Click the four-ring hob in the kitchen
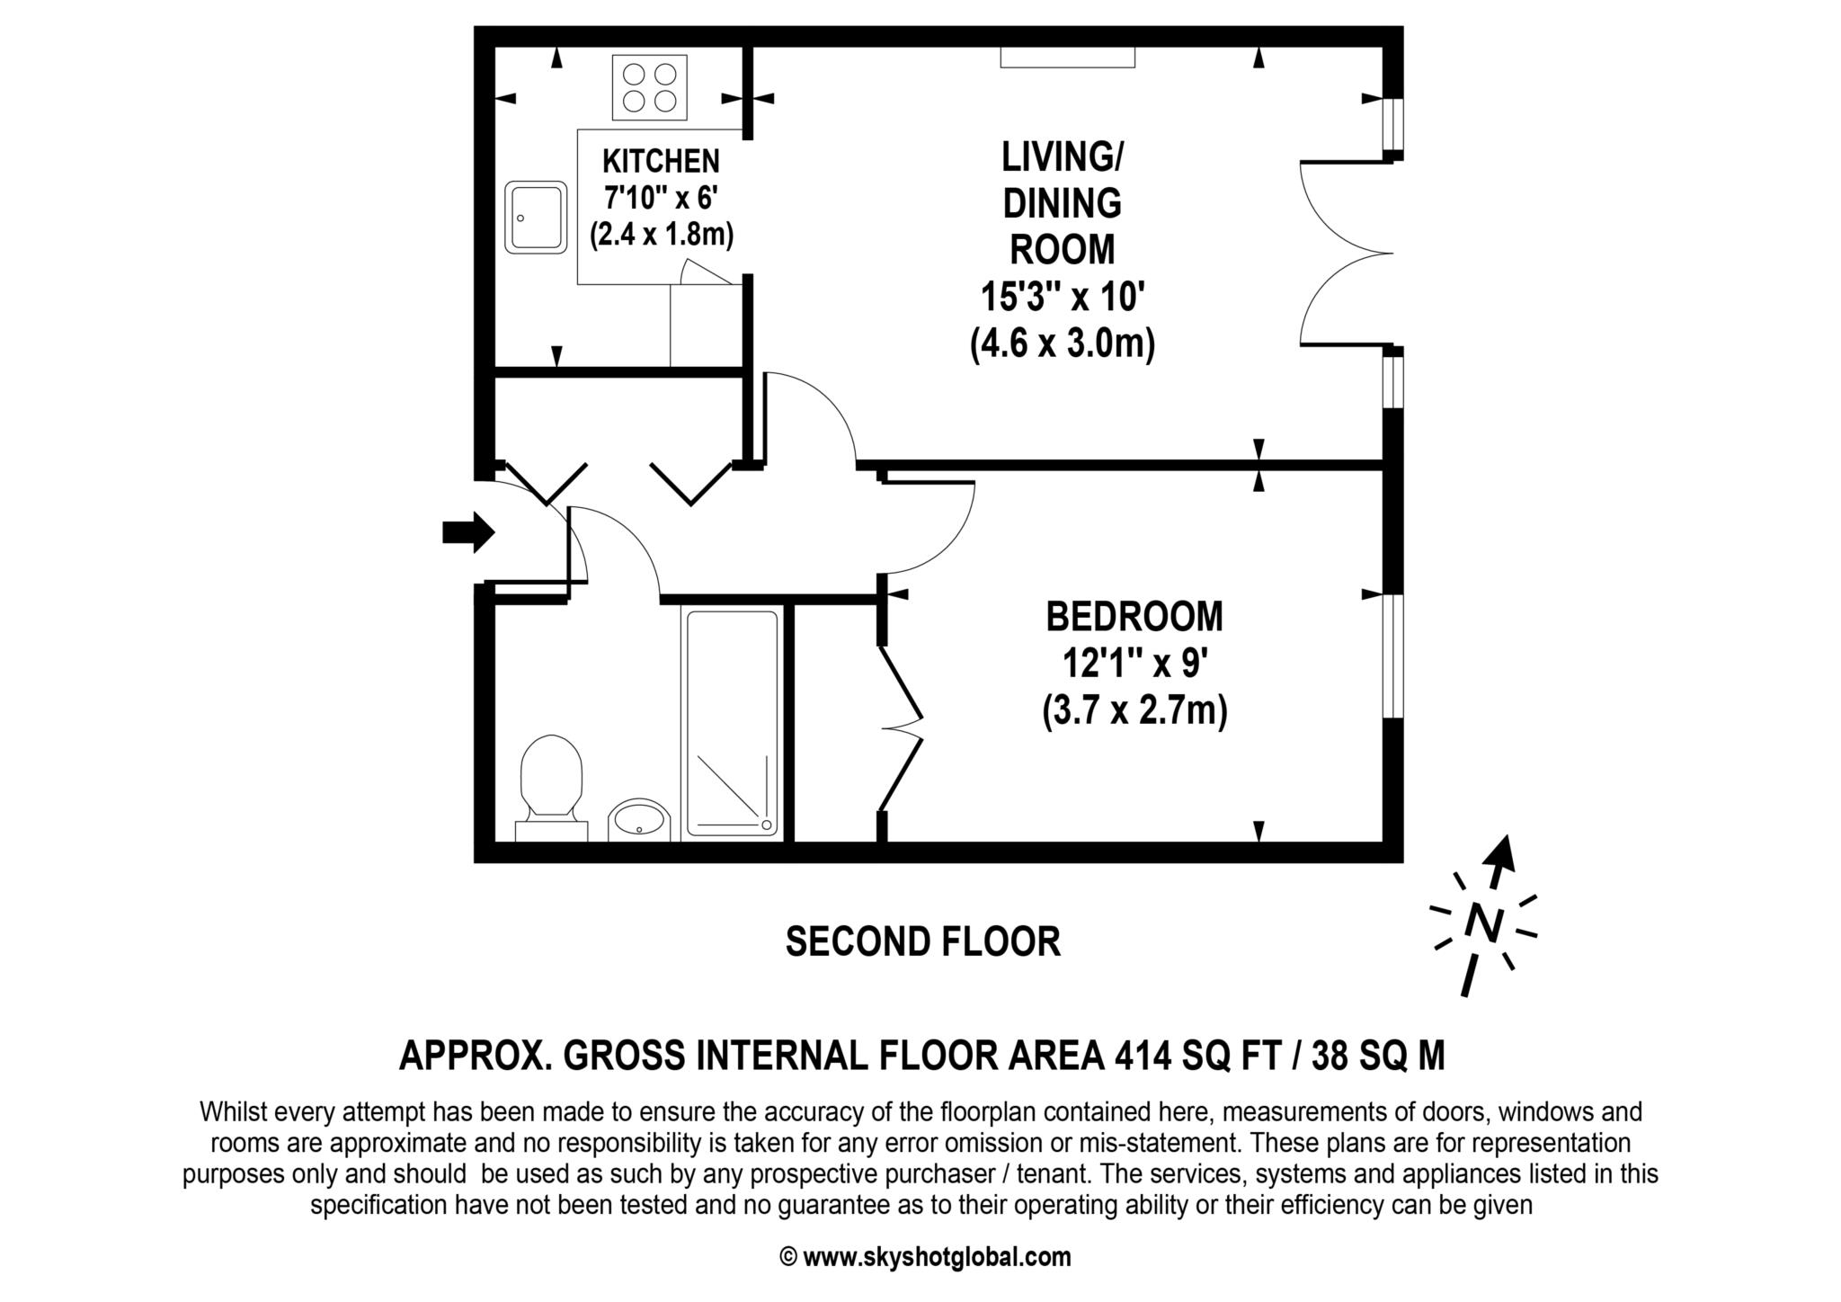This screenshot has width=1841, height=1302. click(x=649, y=87)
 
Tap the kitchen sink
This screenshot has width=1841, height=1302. click(x=536, y=218)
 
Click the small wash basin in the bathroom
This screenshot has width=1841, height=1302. click(x=639, y=819)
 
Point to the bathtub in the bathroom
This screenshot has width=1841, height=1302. click(x=732, y=724)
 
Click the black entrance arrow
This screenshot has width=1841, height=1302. click(x=468, y=532)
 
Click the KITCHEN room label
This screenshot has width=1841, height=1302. click(x=661, y=162)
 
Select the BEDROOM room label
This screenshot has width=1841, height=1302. click(x=1134, y=617)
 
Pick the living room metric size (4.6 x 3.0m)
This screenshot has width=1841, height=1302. click(x=1063, y=343)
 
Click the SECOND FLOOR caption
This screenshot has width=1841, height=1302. click(x=923, y=941)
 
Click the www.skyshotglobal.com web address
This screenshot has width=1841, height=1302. click(x=937, y=1257)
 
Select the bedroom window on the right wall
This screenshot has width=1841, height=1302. click(x=1392, y=655)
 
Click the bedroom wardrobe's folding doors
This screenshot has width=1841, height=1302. click(x=901, y=727)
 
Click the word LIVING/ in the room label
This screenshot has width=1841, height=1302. click(x=1062, y=157)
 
